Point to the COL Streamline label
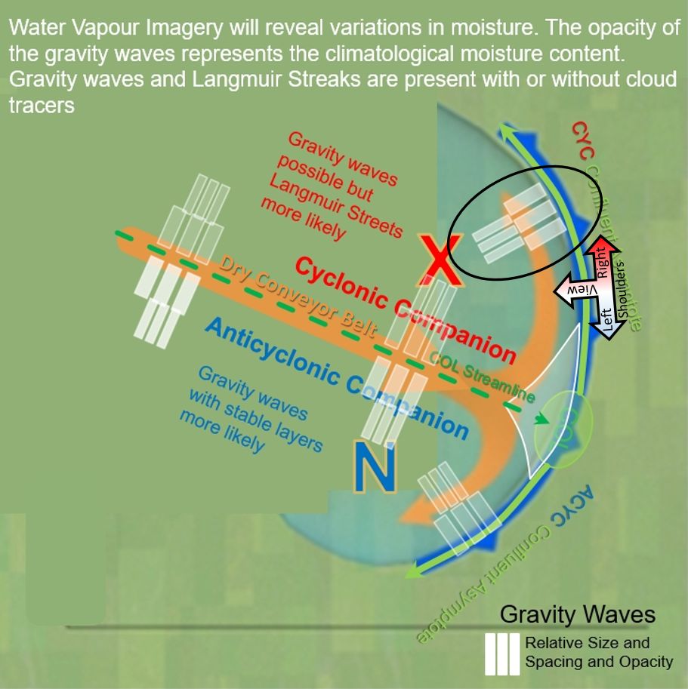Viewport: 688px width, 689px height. [x=483, y=377]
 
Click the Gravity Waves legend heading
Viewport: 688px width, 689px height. [x=577, y=614]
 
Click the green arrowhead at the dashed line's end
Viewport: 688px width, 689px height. [x=543, y=420]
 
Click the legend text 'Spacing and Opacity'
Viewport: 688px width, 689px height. [x=599, y=662]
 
